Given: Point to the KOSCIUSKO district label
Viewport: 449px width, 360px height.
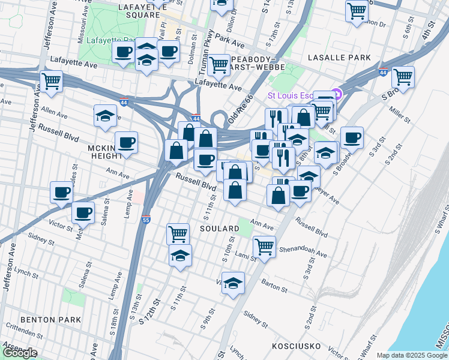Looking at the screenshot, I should point(298,347).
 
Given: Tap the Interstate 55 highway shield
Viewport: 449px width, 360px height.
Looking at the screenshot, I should point(146,220).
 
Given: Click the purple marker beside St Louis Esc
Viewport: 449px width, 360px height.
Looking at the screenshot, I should point(337,94).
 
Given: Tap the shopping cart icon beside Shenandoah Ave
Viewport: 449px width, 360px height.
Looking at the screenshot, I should point(264,245).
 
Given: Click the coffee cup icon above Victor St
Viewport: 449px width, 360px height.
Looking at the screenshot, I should point(83,212).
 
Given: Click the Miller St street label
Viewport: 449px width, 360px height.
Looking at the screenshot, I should point(399,115).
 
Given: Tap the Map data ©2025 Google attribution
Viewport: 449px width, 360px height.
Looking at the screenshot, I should point(412,355).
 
